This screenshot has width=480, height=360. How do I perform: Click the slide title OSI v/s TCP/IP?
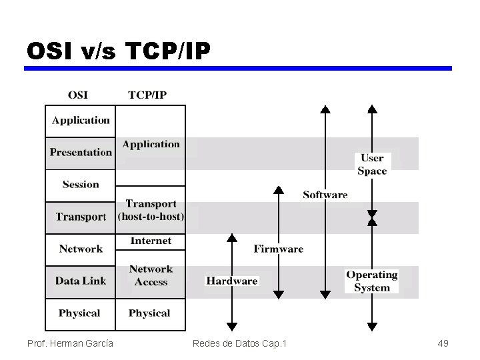coord(119,51)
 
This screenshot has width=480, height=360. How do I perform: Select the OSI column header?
coord(77,95)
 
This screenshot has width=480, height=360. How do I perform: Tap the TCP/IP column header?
coord(147,95)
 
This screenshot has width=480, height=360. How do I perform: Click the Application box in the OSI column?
coord(81,121)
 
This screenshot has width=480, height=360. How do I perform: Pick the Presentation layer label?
coord(81,153)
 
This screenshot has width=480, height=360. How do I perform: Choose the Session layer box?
coord(81,185)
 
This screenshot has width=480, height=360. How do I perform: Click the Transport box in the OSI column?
coord(81,217)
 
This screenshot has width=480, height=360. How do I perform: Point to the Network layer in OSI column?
coord(81,249)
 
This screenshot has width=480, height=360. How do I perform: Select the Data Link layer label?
coord(81,281)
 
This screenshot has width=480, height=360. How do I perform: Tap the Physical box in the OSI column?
coord(80,313)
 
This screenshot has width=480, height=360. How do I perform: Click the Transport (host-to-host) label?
coord(151,210)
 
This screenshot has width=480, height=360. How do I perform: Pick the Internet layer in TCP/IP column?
coord(151,241)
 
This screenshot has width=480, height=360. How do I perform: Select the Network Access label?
coord(151,275)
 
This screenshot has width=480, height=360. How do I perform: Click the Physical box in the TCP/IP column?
coord(150,313)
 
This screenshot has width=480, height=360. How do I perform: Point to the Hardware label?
coord(231,281)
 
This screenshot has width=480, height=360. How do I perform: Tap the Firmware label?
coord(278,249)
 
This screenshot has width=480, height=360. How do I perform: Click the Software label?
coord(325,195)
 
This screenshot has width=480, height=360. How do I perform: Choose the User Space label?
coord(372,165)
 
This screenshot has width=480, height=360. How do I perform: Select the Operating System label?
coord(372,281)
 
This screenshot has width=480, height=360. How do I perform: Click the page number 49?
coord(443,343)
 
